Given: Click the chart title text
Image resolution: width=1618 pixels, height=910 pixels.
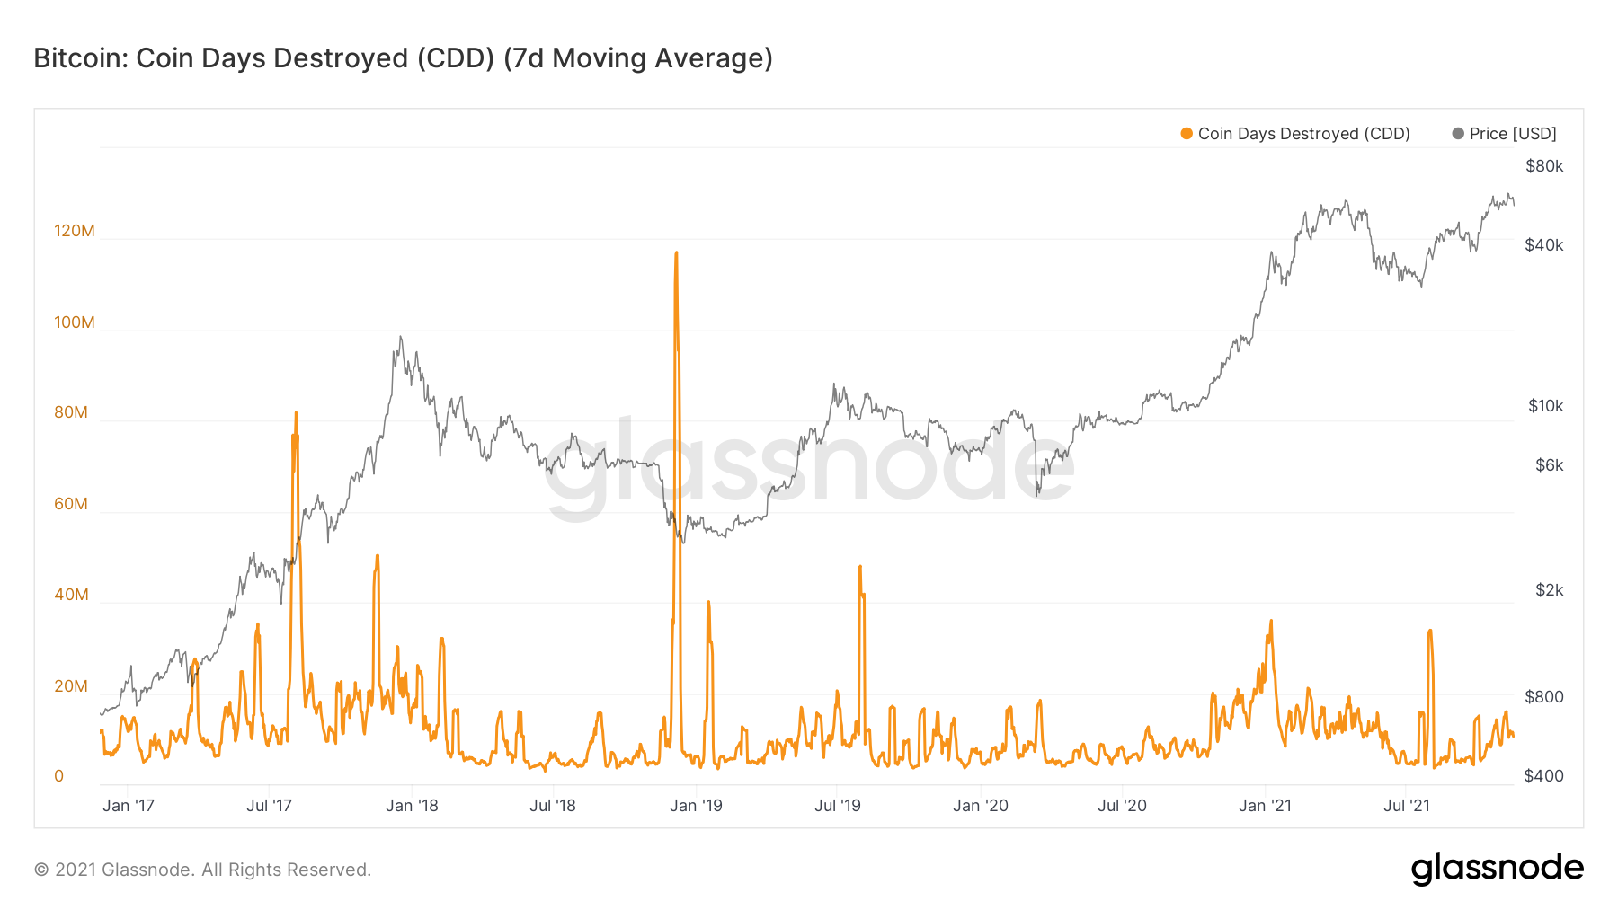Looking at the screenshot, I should pyautogui.click(x=403, y=58).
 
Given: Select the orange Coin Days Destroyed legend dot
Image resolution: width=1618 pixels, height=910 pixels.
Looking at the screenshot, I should pyautogui.click(x=1187, y=134).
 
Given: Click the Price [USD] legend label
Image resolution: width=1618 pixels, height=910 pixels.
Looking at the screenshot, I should pyautogui.click(x=1512, y=134).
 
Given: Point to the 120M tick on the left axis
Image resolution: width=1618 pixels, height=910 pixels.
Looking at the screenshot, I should pyautogui.click(x=75, y=231).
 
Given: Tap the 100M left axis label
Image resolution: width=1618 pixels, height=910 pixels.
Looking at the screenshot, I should pyautogui.click(x=75, y=322).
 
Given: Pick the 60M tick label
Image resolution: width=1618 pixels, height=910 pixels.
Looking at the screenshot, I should pyautogui.click(x=71, y=504).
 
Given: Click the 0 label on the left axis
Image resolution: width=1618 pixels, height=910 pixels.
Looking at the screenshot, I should pyautogui.click(x=59, y=776).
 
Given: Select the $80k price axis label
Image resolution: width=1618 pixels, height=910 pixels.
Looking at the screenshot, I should pyautogui.click(x=1544, y=166).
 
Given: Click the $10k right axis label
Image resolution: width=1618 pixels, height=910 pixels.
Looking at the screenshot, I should pyautogui.click(x=1545, y=406).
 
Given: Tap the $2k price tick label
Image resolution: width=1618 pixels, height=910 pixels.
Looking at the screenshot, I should pyautogui.click(x=1549, y=590).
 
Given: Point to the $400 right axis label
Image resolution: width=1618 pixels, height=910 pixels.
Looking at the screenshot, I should pyautogui.click(x=1543, y=776).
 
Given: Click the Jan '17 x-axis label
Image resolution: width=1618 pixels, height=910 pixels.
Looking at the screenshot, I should pyautogui.click(x=129, y=806).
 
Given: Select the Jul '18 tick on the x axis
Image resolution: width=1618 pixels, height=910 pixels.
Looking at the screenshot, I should pyautogui.click(x=553, y=806).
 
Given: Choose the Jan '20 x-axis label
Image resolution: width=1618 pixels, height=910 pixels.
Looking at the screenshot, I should pyautogui.click(x=981, y=806).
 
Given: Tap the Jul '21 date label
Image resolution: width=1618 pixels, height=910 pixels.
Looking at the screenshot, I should pyautogui.click(x=1407, y=806).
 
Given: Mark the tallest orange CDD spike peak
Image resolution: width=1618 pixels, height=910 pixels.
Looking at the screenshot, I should pyautogui.click(x=676, y=253).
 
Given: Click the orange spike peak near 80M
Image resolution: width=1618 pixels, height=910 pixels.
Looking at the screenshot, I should pyautogui.click(x=296, y=413).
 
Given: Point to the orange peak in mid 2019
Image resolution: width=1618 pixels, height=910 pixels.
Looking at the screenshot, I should pyautogui.click(x=860, y=567).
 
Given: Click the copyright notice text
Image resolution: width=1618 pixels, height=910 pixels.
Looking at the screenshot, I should pyautogui.click(x=202, y=870).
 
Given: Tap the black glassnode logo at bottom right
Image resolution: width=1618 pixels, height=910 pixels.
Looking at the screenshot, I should pyautogui.click(x=1497, y=869).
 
